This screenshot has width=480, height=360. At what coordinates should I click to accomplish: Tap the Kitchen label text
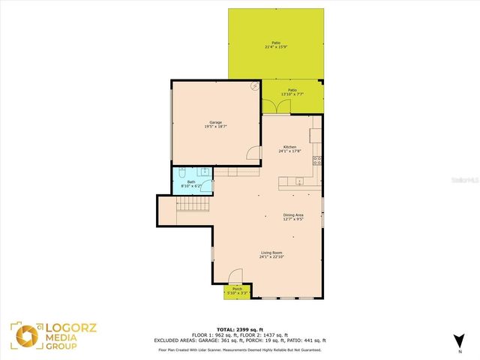[289, 146]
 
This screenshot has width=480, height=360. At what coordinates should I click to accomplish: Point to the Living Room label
[271, 253]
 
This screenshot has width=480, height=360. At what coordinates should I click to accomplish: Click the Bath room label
[191, 181]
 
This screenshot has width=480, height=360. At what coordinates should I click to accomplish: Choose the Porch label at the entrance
[237, 289]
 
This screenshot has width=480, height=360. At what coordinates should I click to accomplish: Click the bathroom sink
[204, 172]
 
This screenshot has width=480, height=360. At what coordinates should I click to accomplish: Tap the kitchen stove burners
[317, 160]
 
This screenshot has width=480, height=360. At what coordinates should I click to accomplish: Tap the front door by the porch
[235, 277]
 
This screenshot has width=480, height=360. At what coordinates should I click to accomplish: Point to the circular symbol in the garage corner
[254, 88]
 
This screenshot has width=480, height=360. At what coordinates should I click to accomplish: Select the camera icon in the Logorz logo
[22, 334]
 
